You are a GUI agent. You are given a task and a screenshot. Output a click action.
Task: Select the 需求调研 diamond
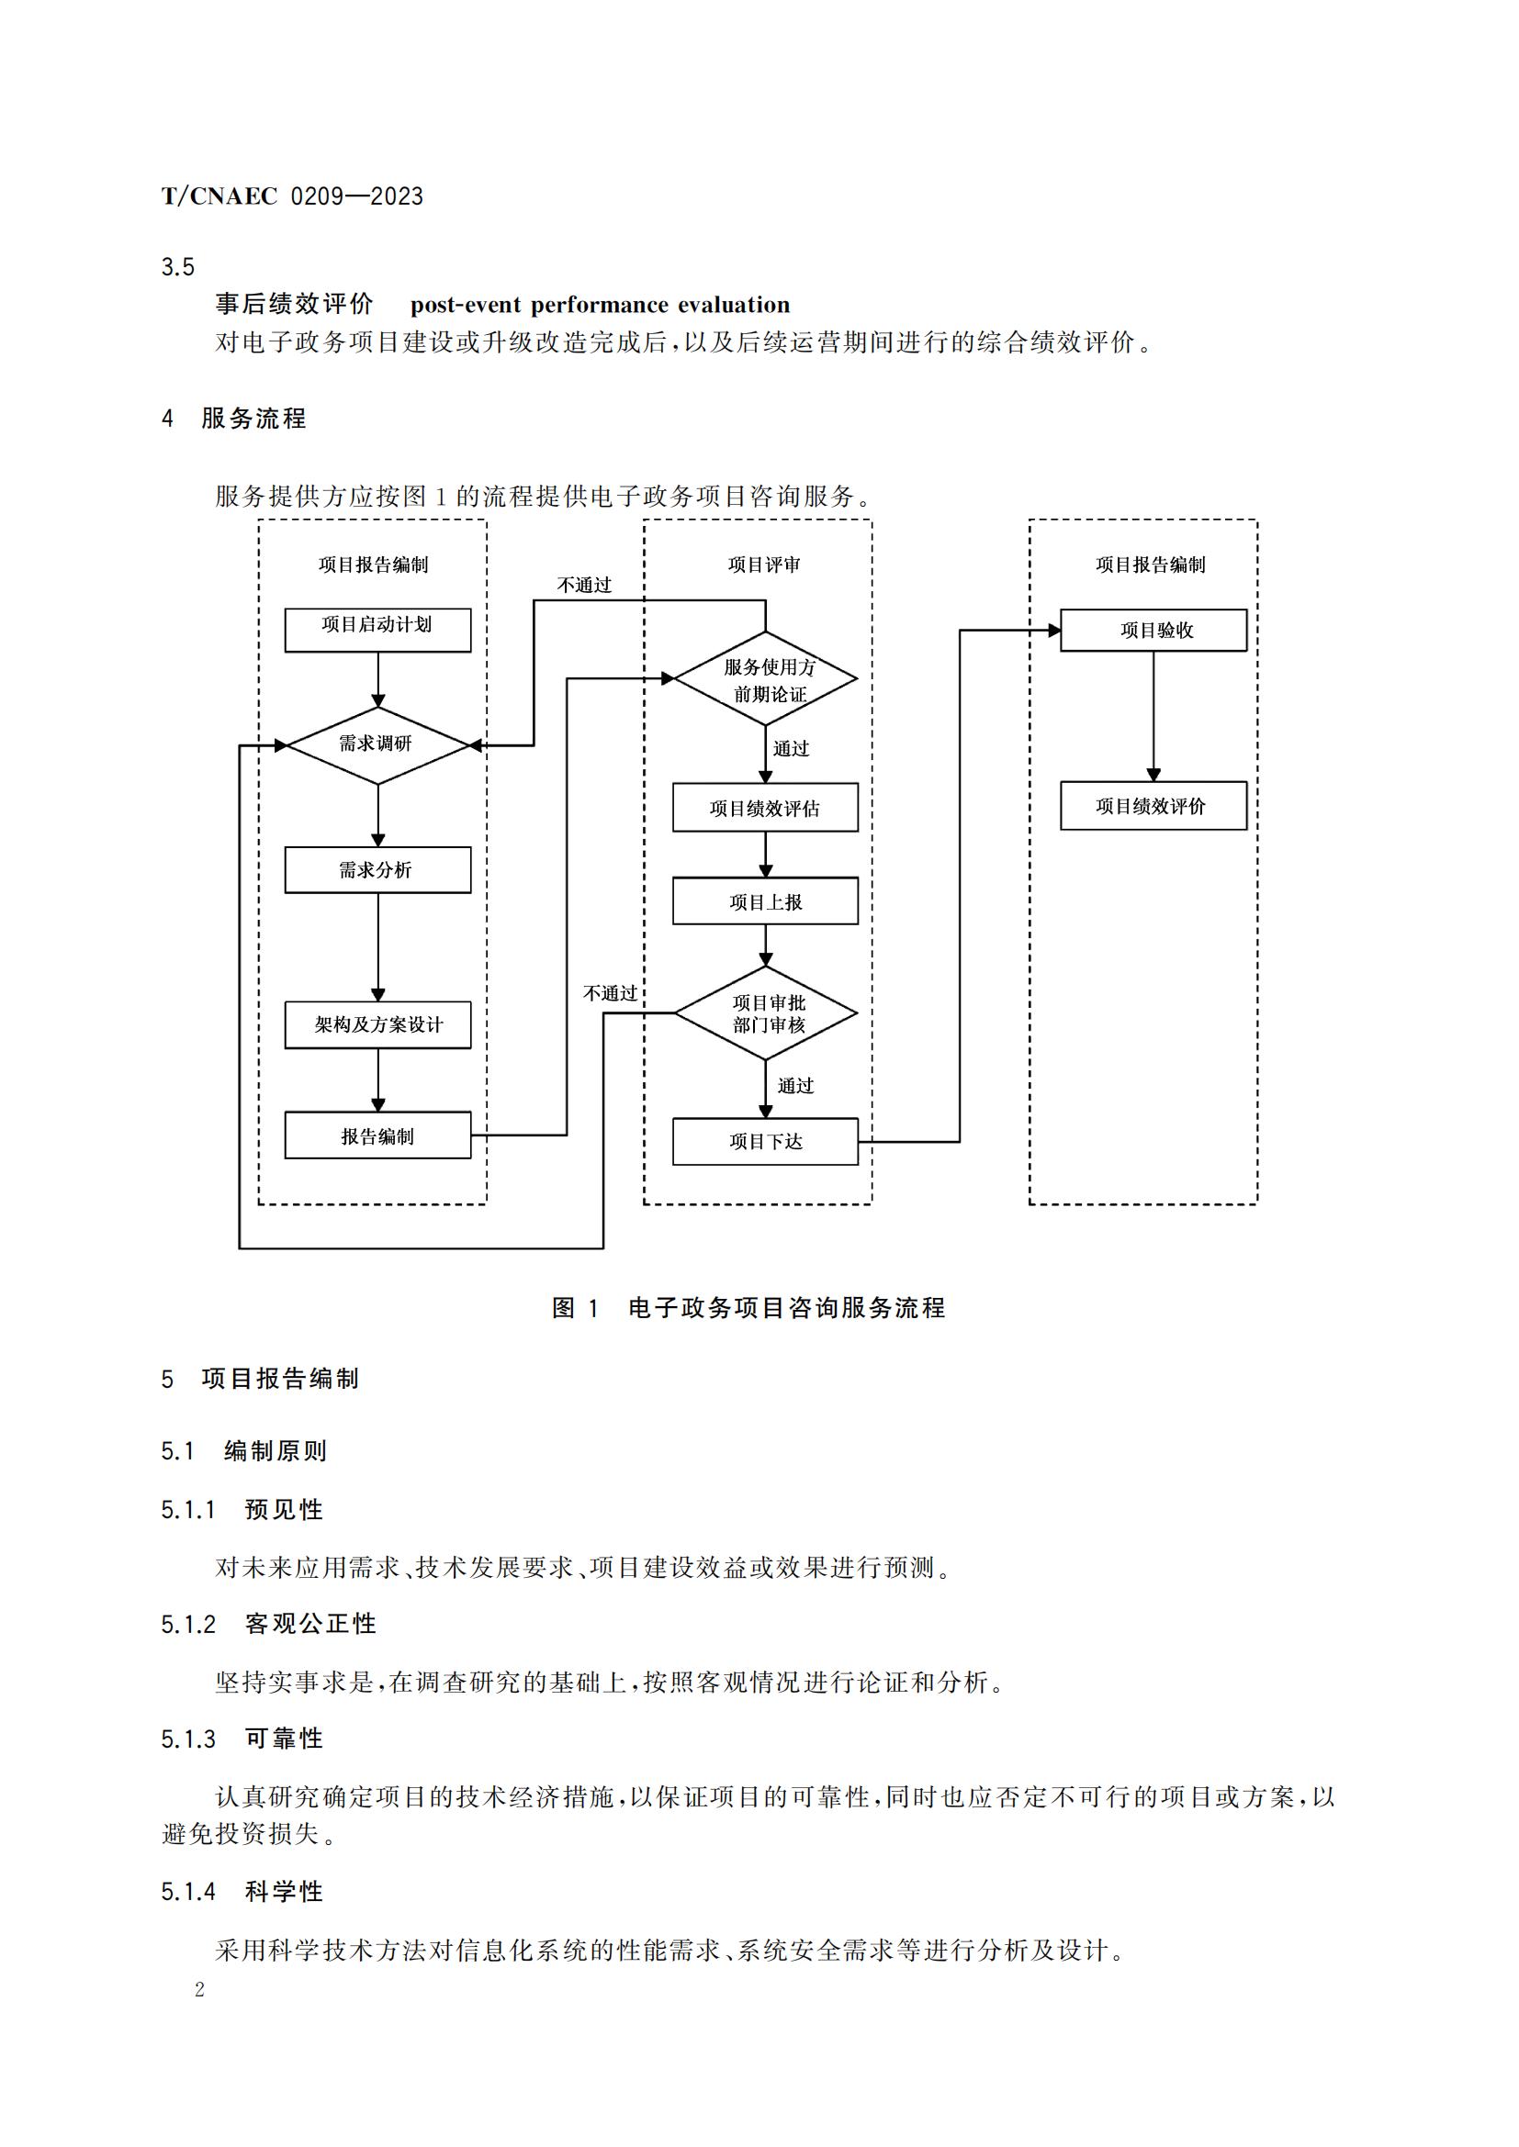(x=377, y=744)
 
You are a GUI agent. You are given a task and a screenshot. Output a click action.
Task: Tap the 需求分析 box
(x=377, y=869)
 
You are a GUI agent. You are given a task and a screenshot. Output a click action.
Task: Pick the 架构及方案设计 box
(x=377, y=1025)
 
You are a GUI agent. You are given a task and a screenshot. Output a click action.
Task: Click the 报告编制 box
(x=377, y=1135)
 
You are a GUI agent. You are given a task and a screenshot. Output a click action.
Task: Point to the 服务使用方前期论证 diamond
(x=765, y=680)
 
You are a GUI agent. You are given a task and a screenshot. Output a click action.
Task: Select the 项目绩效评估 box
(x=765, y=808)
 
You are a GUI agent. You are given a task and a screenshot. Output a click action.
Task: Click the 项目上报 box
(x=765, y=901)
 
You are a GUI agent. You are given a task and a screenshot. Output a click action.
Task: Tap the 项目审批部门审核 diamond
(x=765, y=1013)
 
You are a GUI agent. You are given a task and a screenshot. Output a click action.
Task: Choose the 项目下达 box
(x=765, y=1141)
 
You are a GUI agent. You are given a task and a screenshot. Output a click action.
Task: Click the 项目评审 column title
(x=764, y=565)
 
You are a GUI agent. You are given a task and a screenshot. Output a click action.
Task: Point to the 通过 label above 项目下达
(x=796, y=1086)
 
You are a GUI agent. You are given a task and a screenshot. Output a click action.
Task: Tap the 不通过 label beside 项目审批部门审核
(x=610, y=993)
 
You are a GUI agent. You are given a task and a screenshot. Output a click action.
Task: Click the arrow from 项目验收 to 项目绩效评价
(x=1153, y=715)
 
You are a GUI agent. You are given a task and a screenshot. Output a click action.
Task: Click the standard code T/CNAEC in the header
(x=219, y=196)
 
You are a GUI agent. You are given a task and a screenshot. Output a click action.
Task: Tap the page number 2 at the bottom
(x=199, y=1990)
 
